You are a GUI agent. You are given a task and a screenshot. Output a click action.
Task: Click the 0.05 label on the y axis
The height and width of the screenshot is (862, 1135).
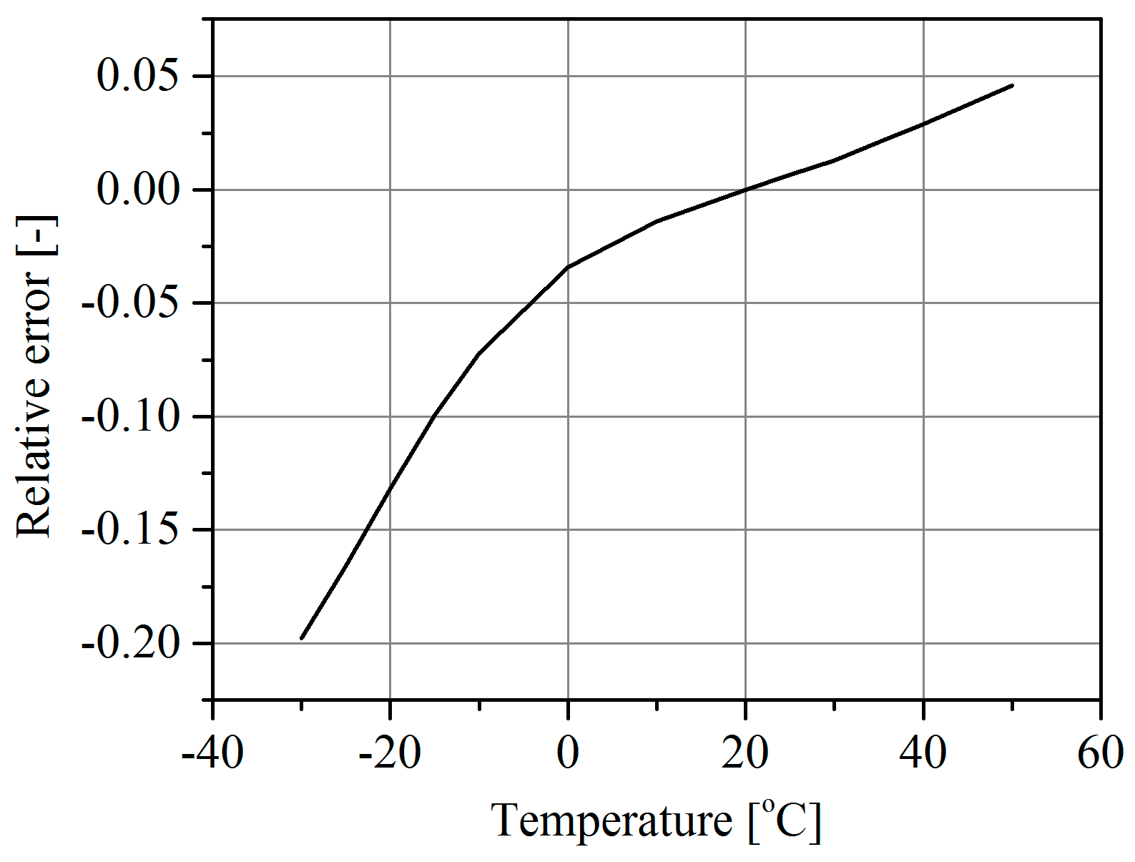point(137,76)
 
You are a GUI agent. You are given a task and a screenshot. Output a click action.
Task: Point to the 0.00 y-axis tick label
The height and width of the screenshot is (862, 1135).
point(137,190)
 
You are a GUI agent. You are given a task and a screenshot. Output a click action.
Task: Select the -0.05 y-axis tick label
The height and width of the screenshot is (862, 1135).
point(129,303)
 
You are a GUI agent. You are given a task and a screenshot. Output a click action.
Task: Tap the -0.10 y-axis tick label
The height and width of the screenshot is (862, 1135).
point(129,416)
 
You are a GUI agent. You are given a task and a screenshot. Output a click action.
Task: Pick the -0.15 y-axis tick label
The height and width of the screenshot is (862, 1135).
point(129,530)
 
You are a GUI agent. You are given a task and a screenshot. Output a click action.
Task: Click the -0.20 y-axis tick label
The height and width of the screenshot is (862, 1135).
point(129,643)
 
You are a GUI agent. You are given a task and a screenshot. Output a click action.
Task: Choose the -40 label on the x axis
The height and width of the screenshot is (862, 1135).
point(212,754)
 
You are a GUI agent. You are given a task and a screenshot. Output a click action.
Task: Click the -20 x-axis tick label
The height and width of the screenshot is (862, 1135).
point(390,754)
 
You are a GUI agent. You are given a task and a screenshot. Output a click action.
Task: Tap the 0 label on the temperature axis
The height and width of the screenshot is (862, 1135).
point(568,754)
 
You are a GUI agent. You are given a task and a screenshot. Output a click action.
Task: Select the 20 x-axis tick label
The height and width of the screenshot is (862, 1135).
point(745,754)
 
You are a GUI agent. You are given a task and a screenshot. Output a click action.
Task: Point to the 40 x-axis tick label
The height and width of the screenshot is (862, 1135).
point(923,754)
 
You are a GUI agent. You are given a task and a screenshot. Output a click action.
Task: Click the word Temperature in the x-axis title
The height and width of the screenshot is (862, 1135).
point(611,821)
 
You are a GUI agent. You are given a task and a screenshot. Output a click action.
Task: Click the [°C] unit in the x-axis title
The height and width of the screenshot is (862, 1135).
point(785,821)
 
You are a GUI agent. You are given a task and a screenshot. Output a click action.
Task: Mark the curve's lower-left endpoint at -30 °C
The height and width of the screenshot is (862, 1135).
point(302,638)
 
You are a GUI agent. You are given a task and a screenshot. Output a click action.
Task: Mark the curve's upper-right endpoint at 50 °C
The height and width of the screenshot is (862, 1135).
point(1012,85)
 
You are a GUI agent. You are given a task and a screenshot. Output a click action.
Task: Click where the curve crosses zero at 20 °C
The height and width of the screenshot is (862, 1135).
point(745,190)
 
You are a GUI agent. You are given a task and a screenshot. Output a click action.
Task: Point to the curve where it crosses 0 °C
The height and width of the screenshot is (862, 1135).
point(568,267)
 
